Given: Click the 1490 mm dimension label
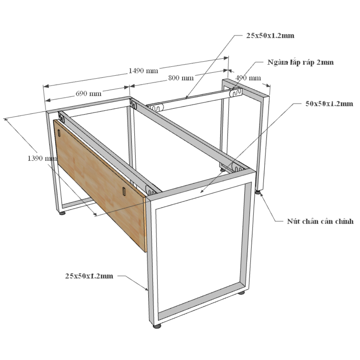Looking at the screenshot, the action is pyautogui.click(x=143, y=71).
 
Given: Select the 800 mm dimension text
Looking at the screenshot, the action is pyautogui.click(x=181, y=78).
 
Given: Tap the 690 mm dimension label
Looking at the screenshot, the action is pyautogui.click(x=89, y=94).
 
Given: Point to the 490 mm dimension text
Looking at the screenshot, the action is pyautogui.click(x=248, y=78).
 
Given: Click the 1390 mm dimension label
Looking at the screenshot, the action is pyautogui.click(x=42, y=158).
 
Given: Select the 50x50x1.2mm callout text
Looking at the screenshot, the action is pyautogui.click(x=329, y=104).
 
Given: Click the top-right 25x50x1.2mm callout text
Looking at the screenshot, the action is pyautogui.click(x=270, y=36).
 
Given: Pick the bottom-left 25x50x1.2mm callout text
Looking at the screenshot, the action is pyautogui.click(x=89, y=276).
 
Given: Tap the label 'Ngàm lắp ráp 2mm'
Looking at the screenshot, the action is pyautogui.click(x=300, y=62).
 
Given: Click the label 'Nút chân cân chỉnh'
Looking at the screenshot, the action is pyautogui.click(x=320, y=221).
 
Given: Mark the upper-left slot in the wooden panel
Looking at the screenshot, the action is pyautogui.click(x=59, y=133).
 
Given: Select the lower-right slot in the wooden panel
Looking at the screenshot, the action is pyautogui.click(x=124, y=192).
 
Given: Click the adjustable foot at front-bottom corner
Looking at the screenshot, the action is pyautogui.click(x=157, y=326).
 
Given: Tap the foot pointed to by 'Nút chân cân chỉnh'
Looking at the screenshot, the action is pyautogui.click(x=258, y=192).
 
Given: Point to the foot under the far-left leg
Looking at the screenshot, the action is pyautogui.click(x=62, y=213).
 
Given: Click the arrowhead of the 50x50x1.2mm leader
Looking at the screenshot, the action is pyautogui.click(x=202, y=191).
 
